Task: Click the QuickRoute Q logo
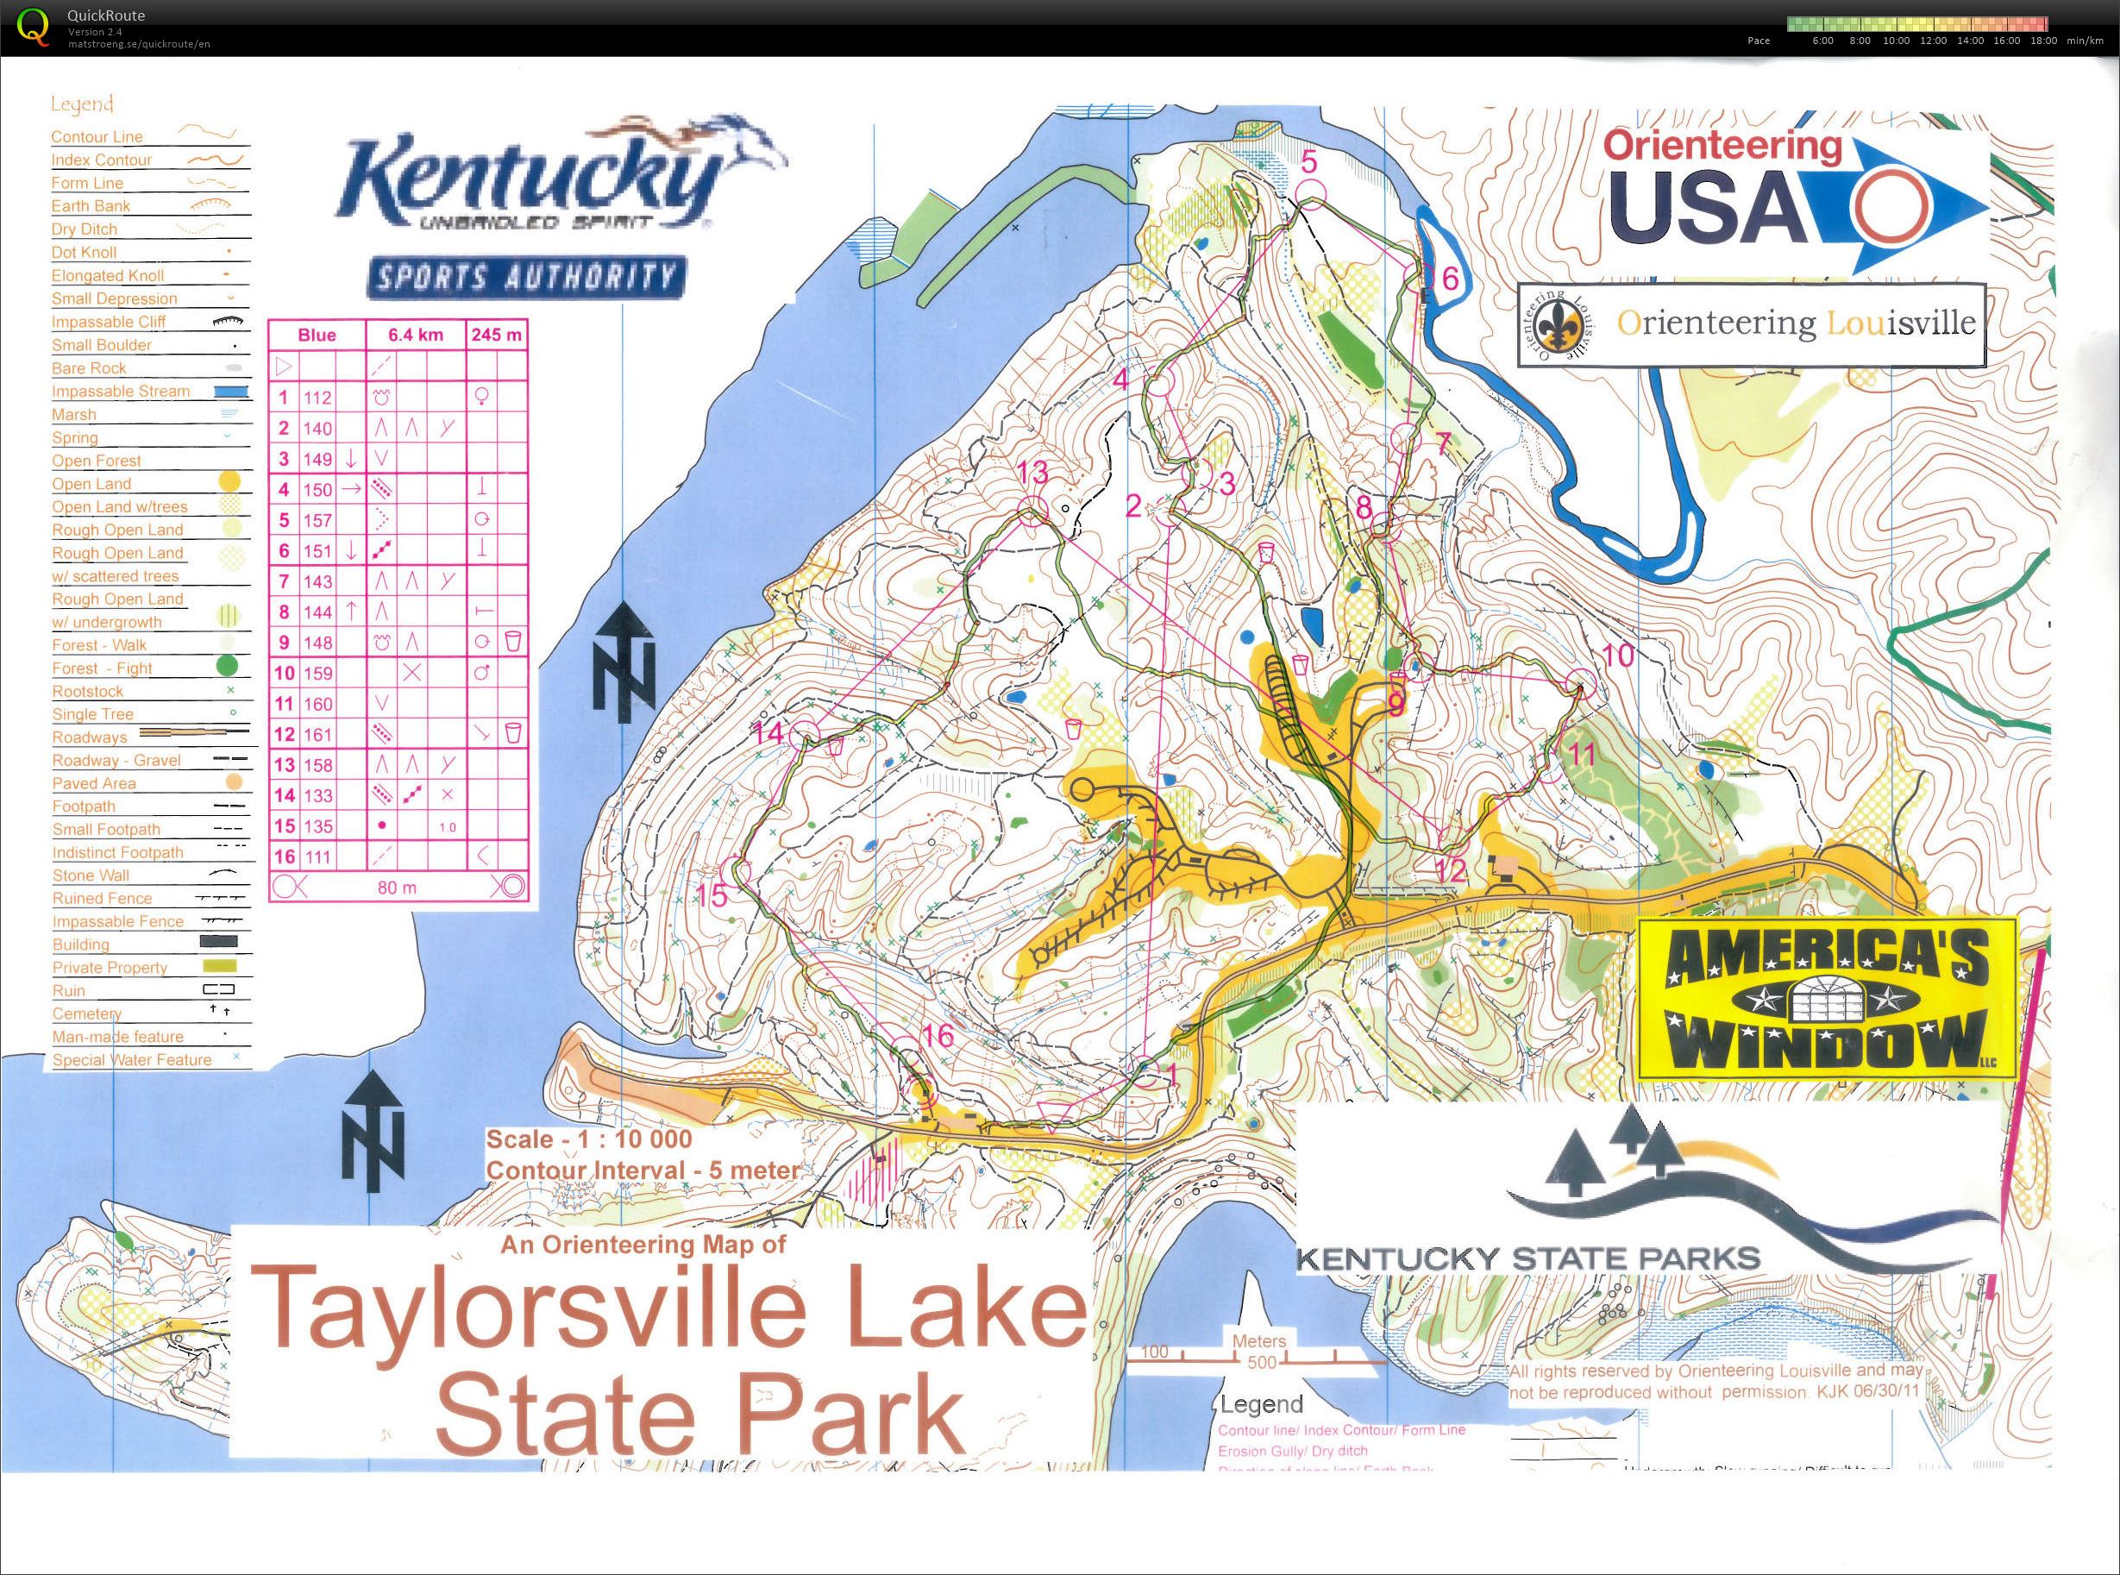pos(34,26)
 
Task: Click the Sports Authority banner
pos(523,279)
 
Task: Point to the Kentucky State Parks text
pos(1528,1258)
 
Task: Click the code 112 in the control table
pos(317,398)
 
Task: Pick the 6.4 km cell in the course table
pos(415,335)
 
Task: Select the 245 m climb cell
pos(496,335)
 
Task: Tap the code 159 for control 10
pos(317,673)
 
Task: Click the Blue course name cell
pos(317,335)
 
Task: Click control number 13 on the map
pos(1032,471)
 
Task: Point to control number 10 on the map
pos(1619,655)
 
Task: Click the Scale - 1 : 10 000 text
pos(589,1139)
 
